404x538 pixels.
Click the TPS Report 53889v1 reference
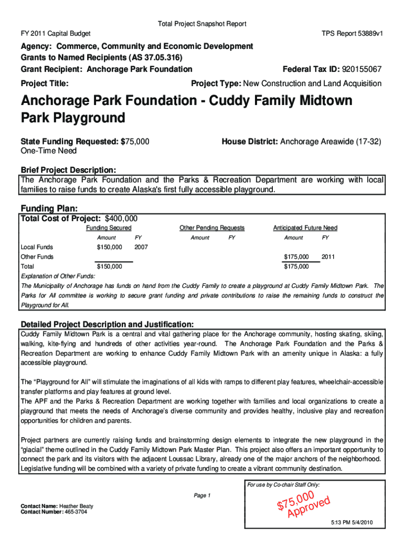[352, 33]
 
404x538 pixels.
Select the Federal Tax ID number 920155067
[362, 69]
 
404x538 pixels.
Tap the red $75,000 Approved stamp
[303, 505]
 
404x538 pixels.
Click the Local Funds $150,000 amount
[110, 247]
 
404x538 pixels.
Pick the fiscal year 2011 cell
[328, 257]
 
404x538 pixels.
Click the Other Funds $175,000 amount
[296, 257]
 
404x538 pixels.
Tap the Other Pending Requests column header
[212, 228]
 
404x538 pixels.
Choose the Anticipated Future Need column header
[305, 228]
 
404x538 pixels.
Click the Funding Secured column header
[109, 228]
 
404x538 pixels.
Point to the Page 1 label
[202, 495]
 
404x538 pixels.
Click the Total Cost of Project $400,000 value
[121, 219]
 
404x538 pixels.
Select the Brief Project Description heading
[68, 170]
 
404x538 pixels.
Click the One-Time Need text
[48, 151]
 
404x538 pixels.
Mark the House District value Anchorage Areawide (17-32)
[331, 142]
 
